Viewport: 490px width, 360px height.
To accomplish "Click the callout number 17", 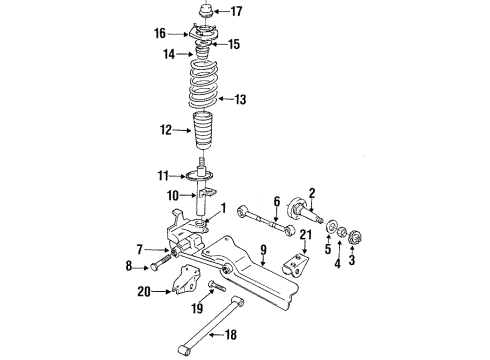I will pyautogui.click(x=237, y=13).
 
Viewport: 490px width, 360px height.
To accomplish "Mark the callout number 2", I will pyautogui.click(x=312, y=193).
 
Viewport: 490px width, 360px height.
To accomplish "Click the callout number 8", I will pyautogui.click(x=127, y=266).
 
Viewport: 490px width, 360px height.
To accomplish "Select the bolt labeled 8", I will pyautogui.click(x=158, y=265).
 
